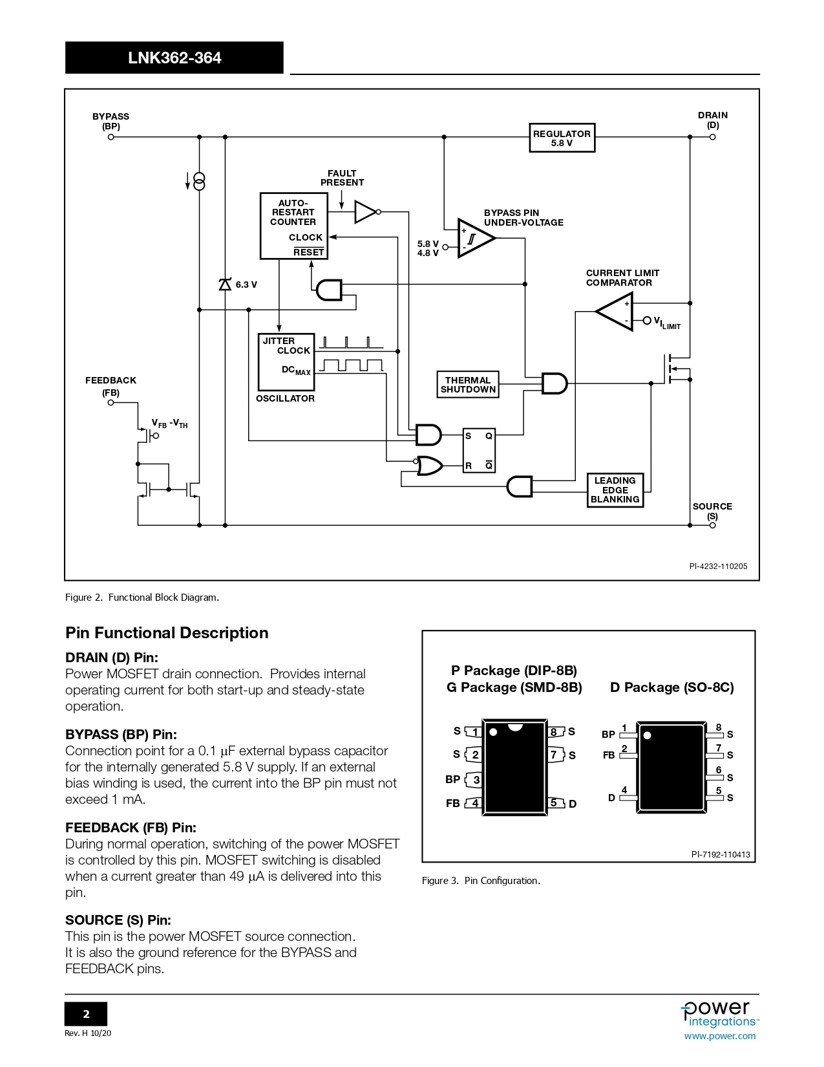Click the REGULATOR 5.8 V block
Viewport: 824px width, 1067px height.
pos(562,138)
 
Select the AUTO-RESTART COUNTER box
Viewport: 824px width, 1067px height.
pos(293,225)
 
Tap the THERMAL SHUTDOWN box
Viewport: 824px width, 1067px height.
pos(468,385)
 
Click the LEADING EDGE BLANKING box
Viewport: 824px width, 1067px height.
pos(615,490)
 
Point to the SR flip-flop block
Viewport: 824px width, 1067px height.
pos(479,450)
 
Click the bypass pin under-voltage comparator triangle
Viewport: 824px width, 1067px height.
pos(474,238)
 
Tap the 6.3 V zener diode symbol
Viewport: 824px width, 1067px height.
pos(225,285)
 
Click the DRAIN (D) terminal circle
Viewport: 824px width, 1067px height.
pos(712,137)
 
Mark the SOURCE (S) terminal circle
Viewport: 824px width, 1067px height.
pos(712,525)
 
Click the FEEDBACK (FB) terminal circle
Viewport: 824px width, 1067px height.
pos(111,403)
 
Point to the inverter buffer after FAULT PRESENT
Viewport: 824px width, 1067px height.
pos(366,211)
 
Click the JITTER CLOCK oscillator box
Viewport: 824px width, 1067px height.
pos(286,361)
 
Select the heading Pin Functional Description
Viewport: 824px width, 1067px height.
pos(167,632)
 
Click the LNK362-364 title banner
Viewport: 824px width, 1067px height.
pos(174,58)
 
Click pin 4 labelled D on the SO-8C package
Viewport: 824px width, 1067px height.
pos(626,797)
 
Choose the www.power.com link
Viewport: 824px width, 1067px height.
pos(719,1036)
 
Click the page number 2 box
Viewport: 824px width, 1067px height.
pos(86,1014)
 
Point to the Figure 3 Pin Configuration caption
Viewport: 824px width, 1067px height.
pos(481,880)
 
